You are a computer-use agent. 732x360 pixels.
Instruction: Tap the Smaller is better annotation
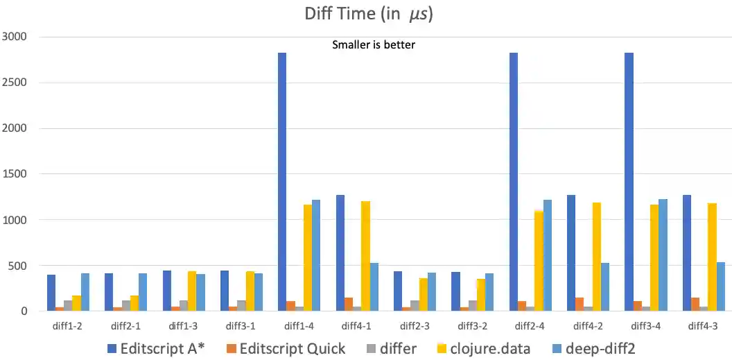[374, 45]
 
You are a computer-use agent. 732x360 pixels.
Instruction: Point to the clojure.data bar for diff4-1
[365, 256]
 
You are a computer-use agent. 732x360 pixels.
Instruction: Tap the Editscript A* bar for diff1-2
[51, 293]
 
